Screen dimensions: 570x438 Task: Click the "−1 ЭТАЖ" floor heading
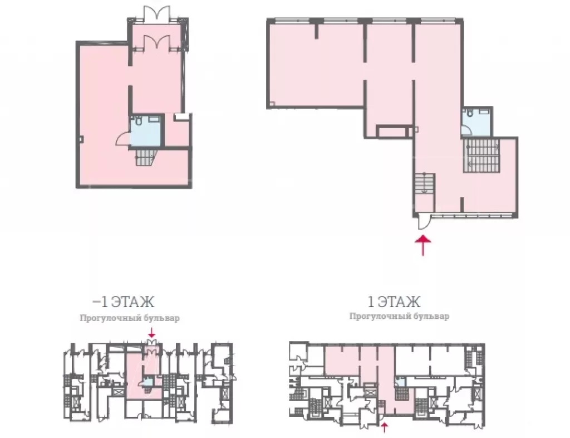pyautogui.click(x=123, y=302)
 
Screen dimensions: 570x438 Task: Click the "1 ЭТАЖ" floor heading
pyautogui.click(x=394, y=301)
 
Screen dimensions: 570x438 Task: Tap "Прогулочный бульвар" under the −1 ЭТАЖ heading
pyautogui.click(x=130, y=318)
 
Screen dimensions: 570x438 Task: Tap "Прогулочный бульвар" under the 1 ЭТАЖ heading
pyautogui.click(x=399, y=316)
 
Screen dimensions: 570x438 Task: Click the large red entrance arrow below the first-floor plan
pyautogui.click(x=423, y=246)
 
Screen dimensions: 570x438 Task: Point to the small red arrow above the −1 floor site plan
pyautogui.click(x=152, y=332)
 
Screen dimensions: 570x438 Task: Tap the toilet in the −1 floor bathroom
pyautogui.click(x=139, y=120)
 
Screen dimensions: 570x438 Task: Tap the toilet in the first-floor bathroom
pyautogui.click(x=470, y=113)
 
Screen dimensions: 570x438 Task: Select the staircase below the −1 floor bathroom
pyautogui.click(x=146, y=157)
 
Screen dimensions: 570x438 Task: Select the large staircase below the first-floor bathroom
pyautogui.click(x=481, y=155)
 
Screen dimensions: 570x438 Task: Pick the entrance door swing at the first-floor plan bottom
pyautogui.click(x=424, y=223)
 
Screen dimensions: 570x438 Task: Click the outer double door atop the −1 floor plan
pyautogui.click(x=156, y=13)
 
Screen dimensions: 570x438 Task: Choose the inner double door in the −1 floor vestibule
pyautogui.click(x=156, y=42)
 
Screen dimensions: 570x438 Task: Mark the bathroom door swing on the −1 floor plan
pyautogui.click(x=123, y=139)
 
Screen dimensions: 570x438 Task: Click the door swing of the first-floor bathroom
pyautogui.click(x=468, y=130)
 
